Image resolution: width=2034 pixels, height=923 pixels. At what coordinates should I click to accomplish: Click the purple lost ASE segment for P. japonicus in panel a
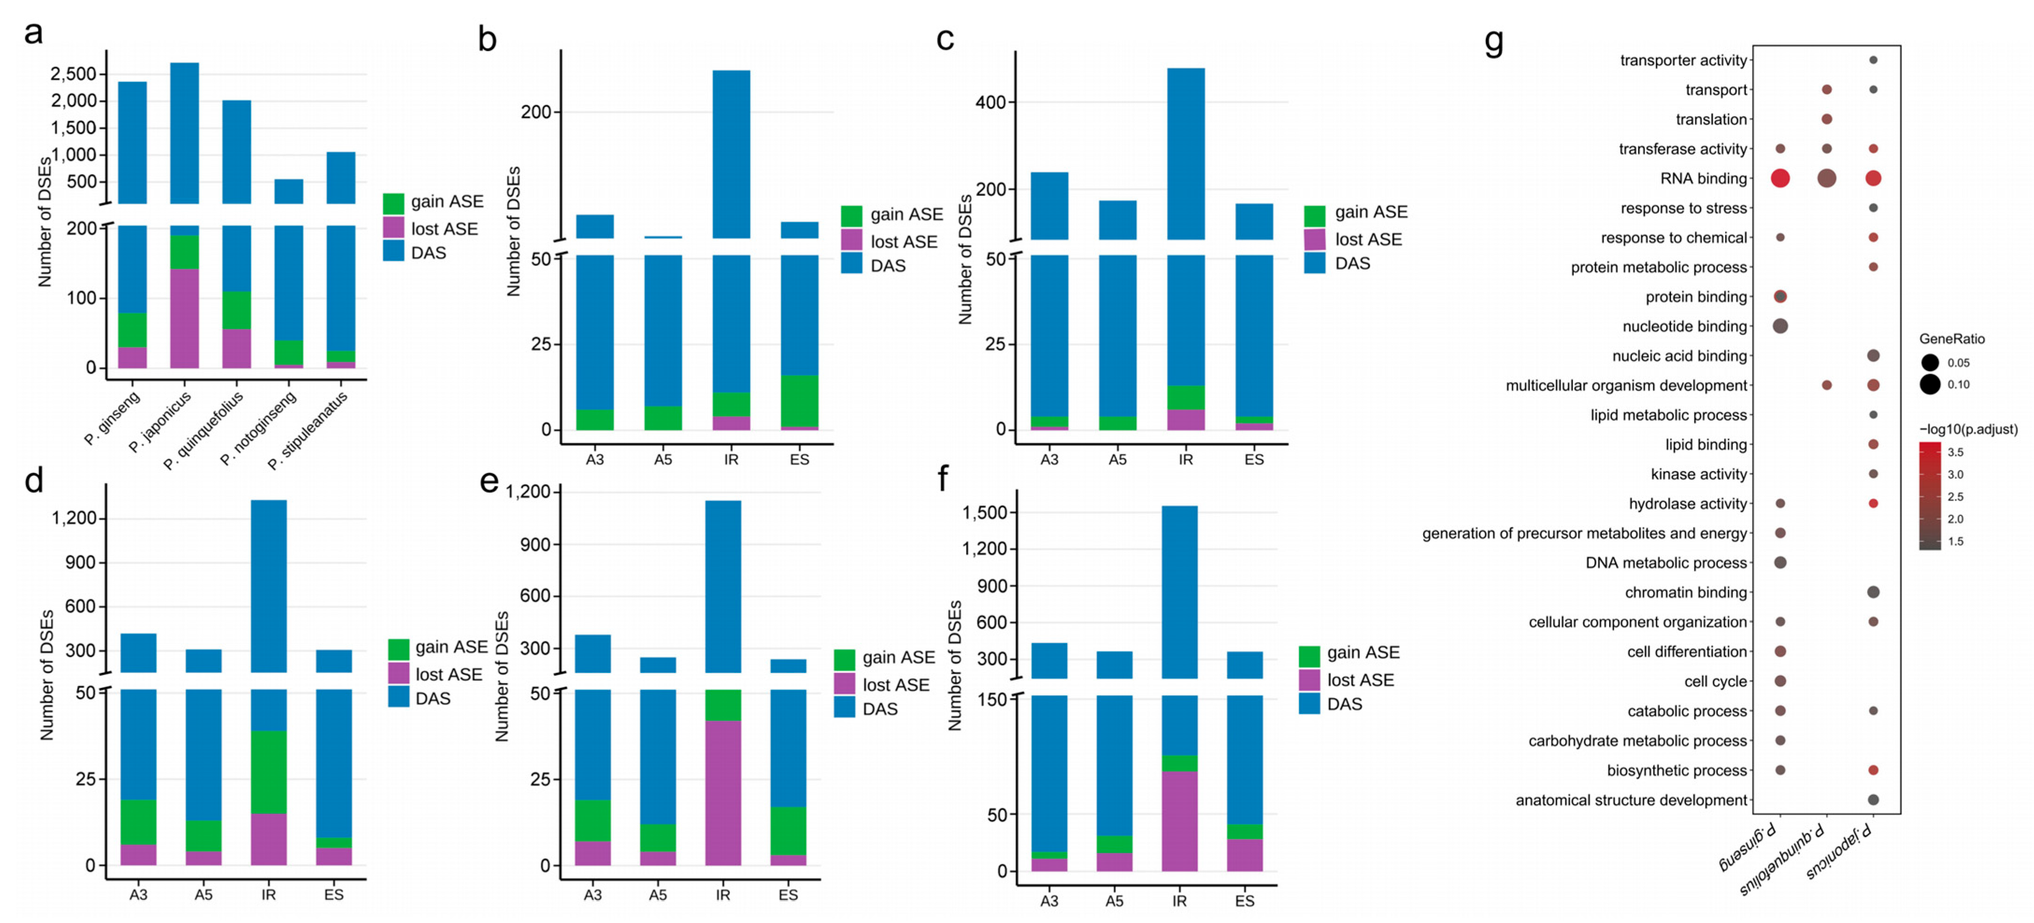[184, 318]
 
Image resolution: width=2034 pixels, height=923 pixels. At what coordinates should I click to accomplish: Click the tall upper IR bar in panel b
[731, 154]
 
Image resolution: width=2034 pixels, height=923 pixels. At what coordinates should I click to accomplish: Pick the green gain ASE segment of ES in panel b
[799, 401]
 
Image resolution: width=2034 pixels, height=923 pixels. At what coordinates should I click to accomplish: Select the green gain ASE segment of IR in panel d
[269, 772]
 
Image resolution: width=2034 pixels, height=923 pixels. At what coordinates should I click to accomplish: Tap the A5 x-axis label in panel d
[204, 894]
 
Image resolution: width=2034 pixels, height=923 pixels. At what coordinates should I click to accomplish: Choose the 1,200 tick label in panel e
[528, 492]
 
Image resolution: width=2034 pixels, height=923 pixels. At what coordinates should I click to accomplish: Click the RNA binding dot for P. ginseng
[1780, 179]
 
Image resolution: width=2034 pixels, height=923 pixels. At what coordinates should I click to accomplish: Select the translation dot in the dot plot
[1827, 119]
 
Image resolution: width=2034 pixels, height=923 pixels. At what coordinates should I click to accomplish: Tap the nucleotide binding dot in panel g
[1780, 326]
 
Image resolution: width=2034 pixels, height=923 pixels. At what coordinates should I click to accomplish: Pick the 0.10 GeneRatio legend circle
[1930, 385]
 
